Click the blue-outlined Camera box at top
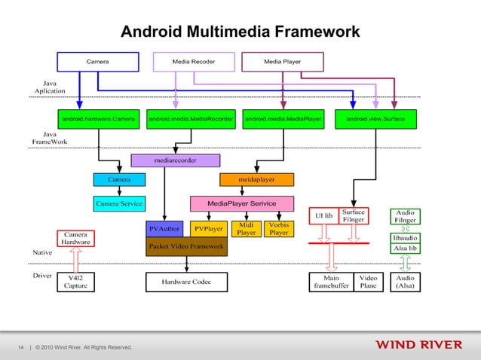[x=97, y=61]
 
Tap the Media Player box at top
[x=283, y=61]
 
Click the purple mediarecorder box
[x=176, y=160]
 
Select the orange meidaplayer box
[x=256, y=179]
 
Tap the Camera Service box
[x=118, y=203]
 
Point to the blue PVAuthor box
[x=164, y=228]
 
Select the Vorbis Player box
[x=279, y=228]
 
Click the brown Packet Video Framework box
[x=186, y=246]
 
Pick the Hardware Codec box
[x=186, y=282]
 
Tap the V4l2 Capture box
[x=75, y=282]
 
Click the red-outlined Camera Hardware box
[x=75, y=238]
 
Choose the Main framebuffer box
[x=331, y=282]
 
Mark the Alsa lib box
[x=406, y=248]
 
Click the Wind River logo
[x=420, y=346]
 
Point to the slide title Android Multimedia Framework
[x=240, y=32]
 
